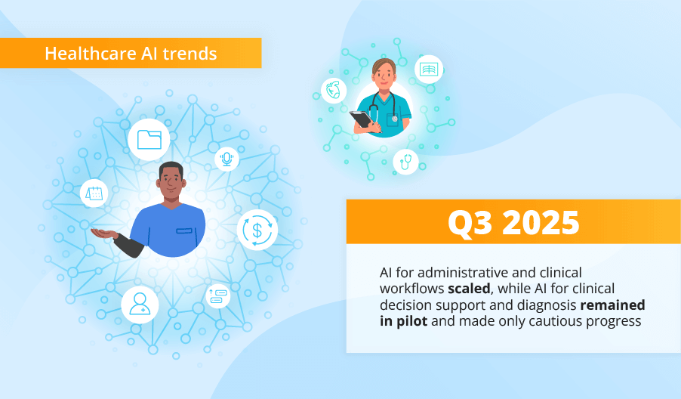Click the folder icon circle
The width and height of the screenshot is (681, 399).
pyautogui.click(x=149, y=139)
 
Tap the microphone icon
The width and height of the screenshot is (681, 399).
pyautogui.click(x=226, y=159)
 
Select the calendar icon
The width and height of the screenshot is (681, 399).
pyautogui.click(x=94, y=193)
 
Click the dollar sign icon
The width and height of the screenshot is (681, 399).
pyautogui.click(x=257, y=230)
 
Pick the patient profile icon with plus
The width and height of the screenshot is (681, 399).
pyautogui.click(x=140, y=304)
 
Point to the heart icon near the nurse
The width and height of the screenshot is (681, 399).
pyautogui.click(x=333, y=91)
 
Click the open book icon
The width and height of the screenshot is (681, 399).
pyautogui.click(x=428, y=70)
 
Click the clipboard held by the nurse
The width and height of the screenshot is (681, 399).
pyautogui.click(x=362, y=119)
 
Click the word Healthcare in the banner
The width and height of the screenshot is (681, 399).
pyautogui.click(x=80, y=54)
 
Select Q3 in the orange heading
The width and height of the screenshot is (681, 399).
pyautogui.click(x=468, y=222)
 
